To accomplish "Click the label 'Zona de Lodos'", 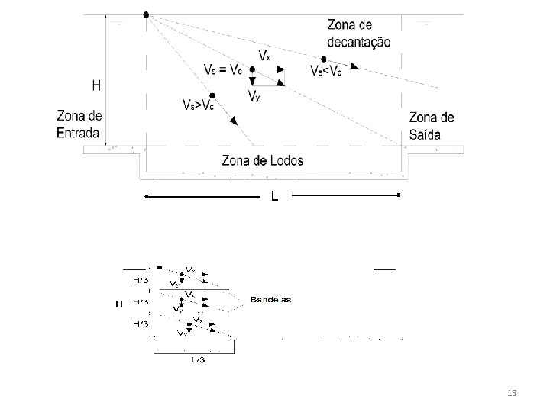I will point(262,161).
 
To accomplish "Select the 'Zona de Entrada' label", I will point(78,124).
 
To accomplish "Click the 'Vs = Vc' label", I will point(222,69).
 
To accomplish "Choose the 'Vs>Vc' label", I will point(197,105).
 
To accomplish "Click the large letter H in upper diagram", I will point(96,86).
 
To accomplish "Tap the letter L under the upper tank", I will point(274,197).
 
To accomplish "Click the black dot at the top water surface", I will point(146,14).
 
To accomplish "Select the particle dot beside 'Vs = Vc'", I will point(252,69).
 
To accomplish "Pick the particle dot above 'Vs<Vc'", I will point(324,59).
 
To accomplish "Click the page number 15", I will point(512,393).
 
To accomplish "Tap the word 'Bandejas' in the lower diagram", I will point(271,300).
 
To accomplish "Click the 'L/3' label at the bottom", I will point(197,359).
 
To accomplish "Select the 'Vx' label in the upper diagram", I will point(264,56).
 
